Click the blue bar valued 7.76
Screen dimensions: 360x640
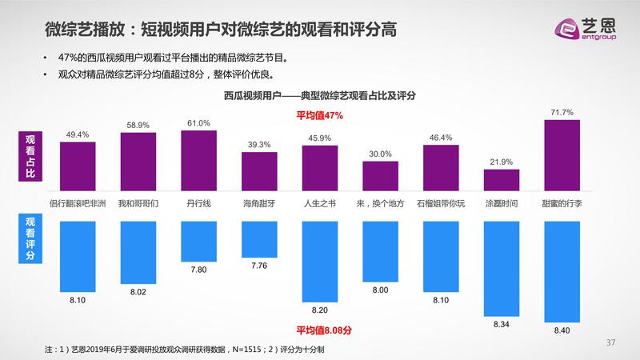(260, 238)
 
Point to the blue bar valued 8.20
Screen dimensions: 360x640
(320, 261)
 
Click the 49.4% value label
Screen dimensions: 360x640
(77, 134)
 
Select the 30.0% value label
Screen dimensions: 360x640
(380, 154)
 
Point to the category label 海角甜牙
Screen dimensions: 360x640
(259, 203)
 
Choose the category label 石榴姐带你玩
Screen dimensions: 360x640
(440, 203)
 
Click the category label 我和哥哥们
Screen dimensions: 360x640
(138, 203)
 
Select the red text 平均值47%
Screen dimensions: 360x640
(320, 115)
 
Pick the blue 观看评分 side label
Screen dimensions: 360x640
(30, 240)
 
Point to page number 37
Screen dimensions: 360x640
(611, 343)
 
